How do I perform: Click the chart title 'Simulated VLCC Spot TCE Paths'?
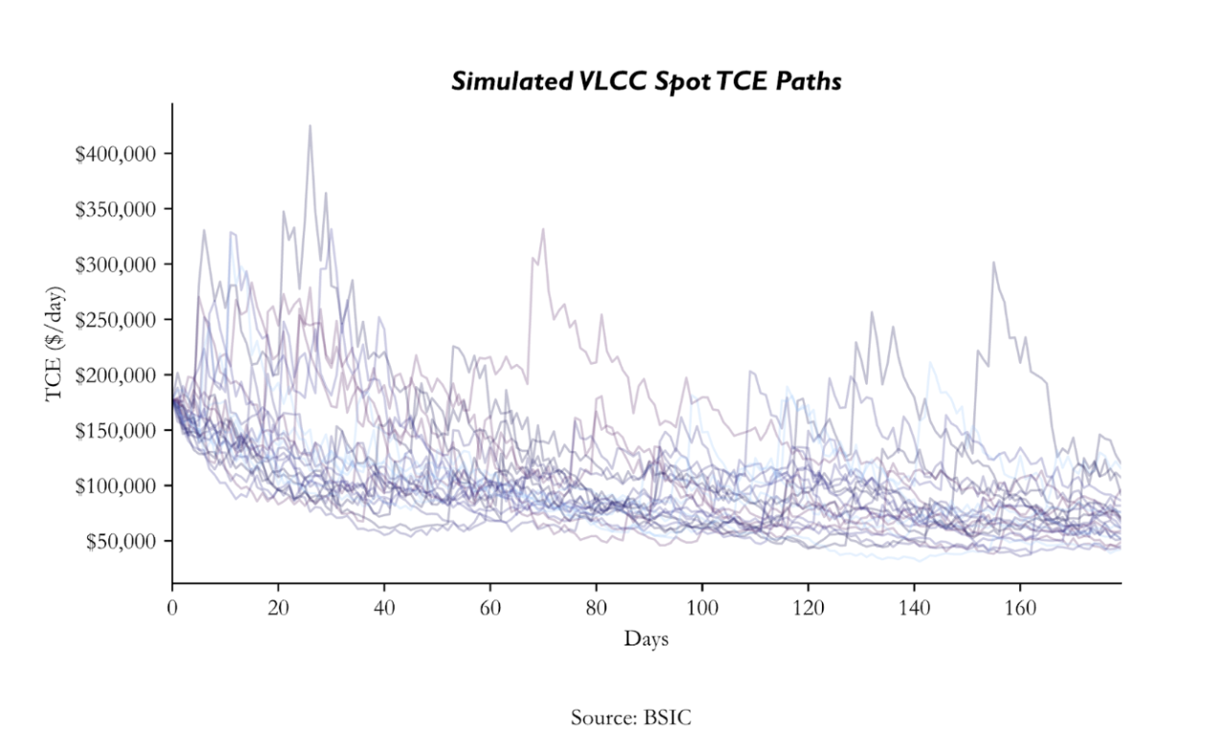click(x=646, y=82)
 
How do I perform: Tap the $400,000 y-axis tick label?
click(x=122, y=154)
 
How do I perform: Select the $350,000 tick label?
click(x=122, y=210)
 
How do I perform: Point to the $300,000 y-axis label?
click(x=122, y=264)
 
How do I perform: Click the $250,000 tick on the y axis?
click(x=122, y=320)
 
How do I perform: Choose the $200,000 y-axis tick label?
click(x=122, y=375)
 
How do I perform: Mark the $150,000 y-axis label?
click(x=122, y=431)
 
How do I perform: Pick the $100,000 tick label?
click(x=122, y=487)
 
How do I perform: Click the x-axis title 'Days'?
click(x=646, y=639)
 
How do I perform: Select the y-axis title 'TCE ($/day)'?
click(x=55, y=342)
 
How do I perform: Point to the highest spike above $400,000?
click(x=309, y=126)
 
